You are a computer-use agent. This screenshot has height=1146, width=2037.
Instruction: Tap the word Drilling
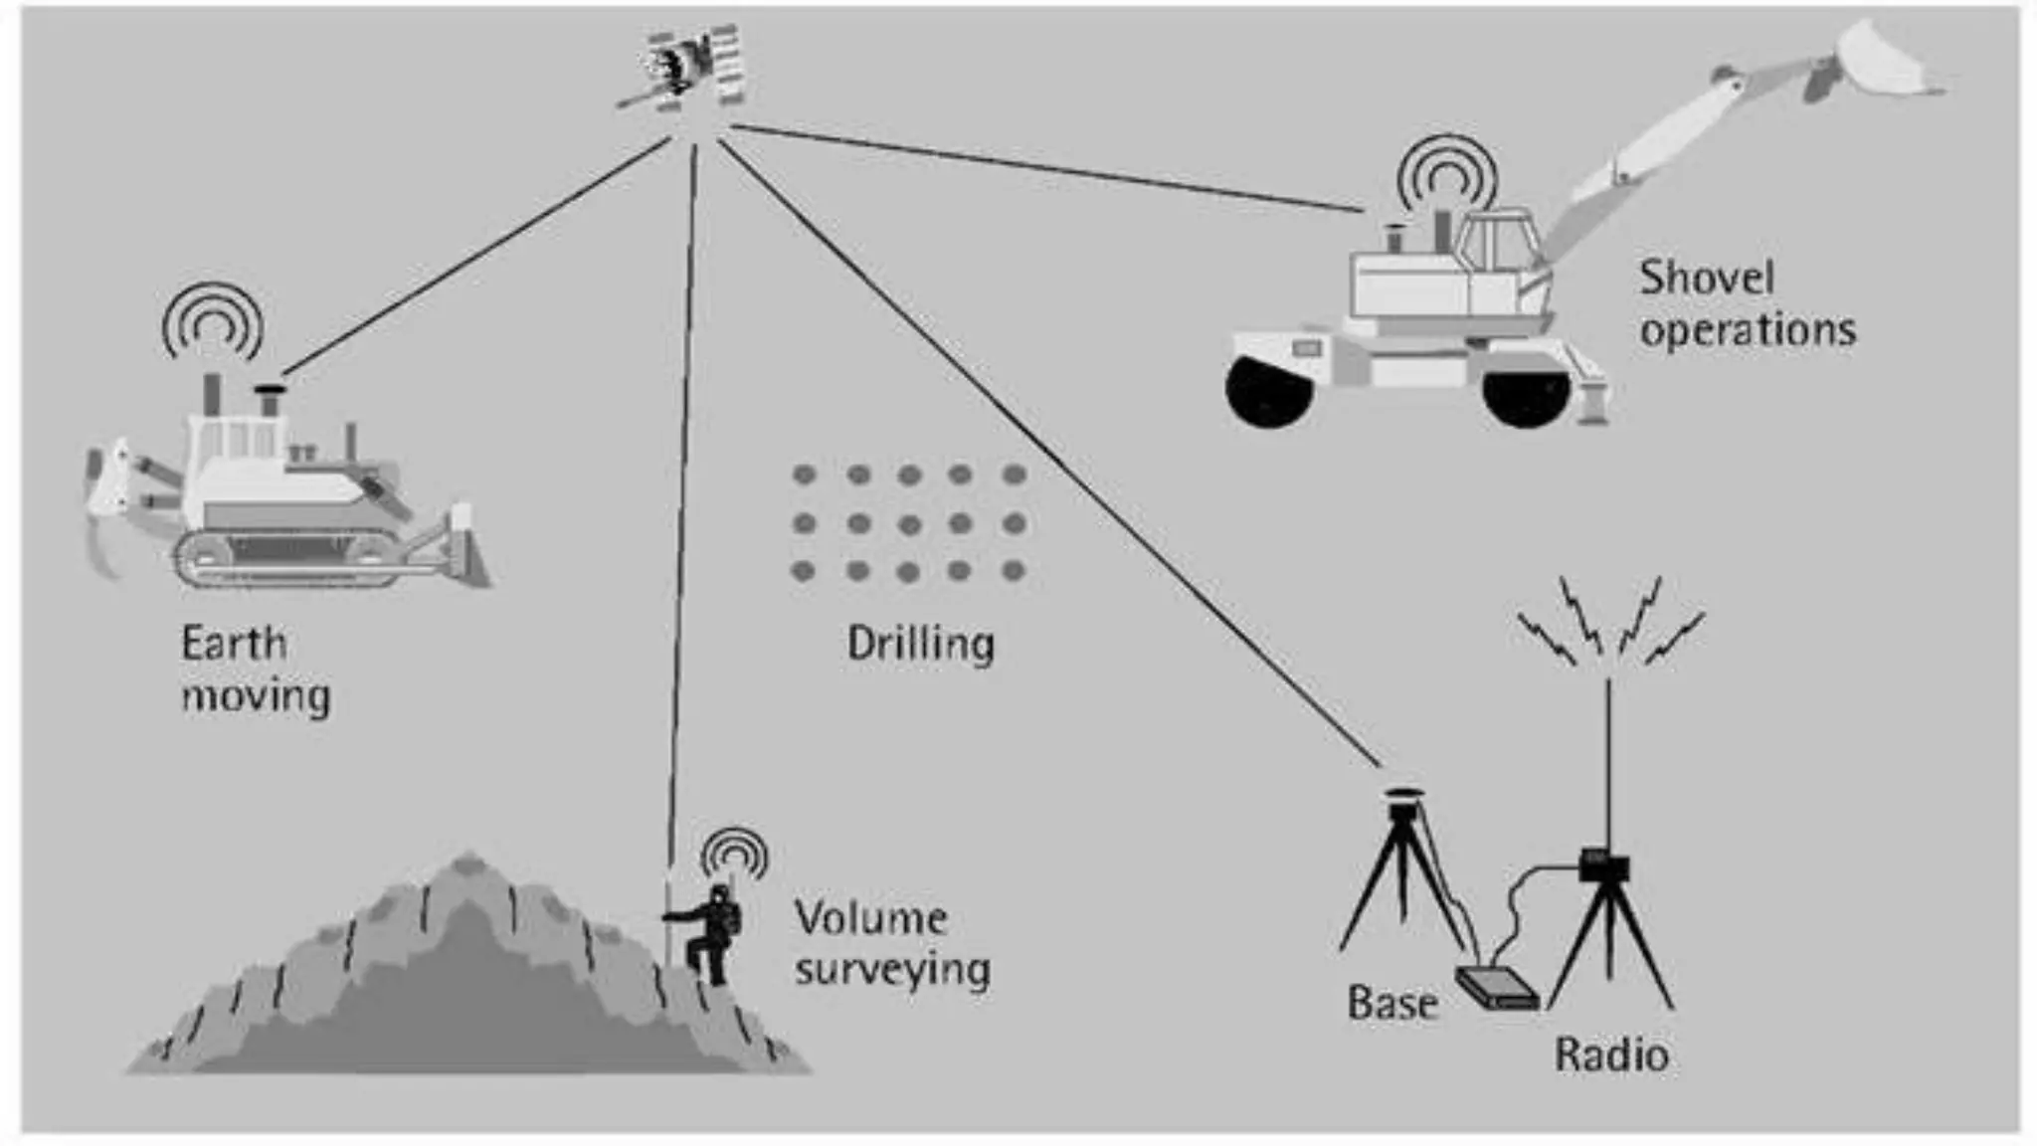[x=920, y=645]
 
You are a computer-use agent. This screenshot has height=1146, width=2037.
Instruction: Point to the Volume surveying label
[x=891, y=943]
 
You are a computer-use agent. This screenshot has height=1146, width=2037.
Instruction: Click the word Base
[x=1392, y=1003]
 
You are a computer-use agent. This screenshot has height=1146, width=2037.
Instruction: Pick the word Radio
[x=1611, y=1054]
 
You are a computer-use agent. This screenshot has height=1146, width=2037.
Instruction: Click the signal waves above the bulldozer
[x=212, y=322]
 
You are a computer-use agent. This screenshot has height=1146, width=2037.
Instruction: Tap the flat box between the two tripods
[x=1498, y=989]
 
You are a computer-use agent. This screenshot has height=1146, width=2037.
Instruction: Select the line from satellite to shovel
[x=1044, y=169]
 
